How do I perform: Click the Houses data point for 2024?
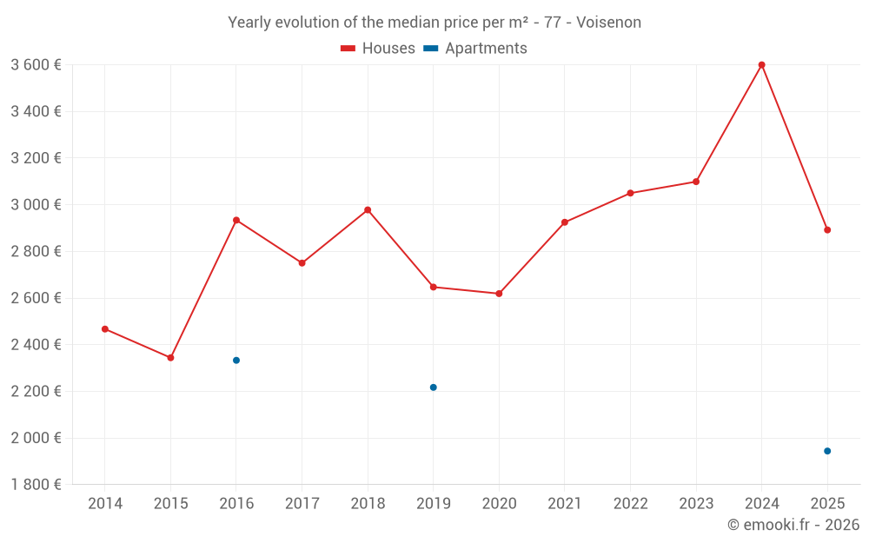click(x=761, y=65)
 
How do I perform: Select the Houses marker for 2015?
click(x=170, y=358)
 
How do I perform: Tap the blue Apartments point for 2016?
click(x=236, y=361)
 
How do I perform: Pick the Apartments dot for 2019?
click(x=434, y=387)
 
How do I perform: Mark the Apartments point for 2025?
click(x=827, y=451)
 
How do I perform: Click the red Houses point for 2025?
click(x=827, y=230)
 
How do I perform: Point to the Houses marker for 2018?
click(x=368, y=210)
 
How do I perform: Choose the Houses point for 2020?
click(x=499, y=294)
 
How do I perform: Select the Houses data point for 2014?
click(x=105, y=329)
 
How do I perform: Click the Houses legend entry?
click(x=378, y=49)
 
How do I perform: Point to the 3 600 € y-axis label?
click(x=36, y=65)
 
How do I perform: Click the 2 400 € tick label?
click(x=36, y=345)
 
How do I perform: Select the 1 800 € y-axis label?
click(x=36, y=485)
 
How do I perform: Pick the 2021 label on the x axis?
click(x=565, y=504)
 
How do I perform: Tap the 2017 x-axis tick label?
click(x=302, y=504)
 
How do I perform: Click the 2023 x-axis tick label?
click(x=696, y=504)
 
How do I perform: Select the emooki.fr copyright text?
click(x=793, y=525)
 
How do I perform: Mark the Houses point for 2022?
click(x=630, y=193)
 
